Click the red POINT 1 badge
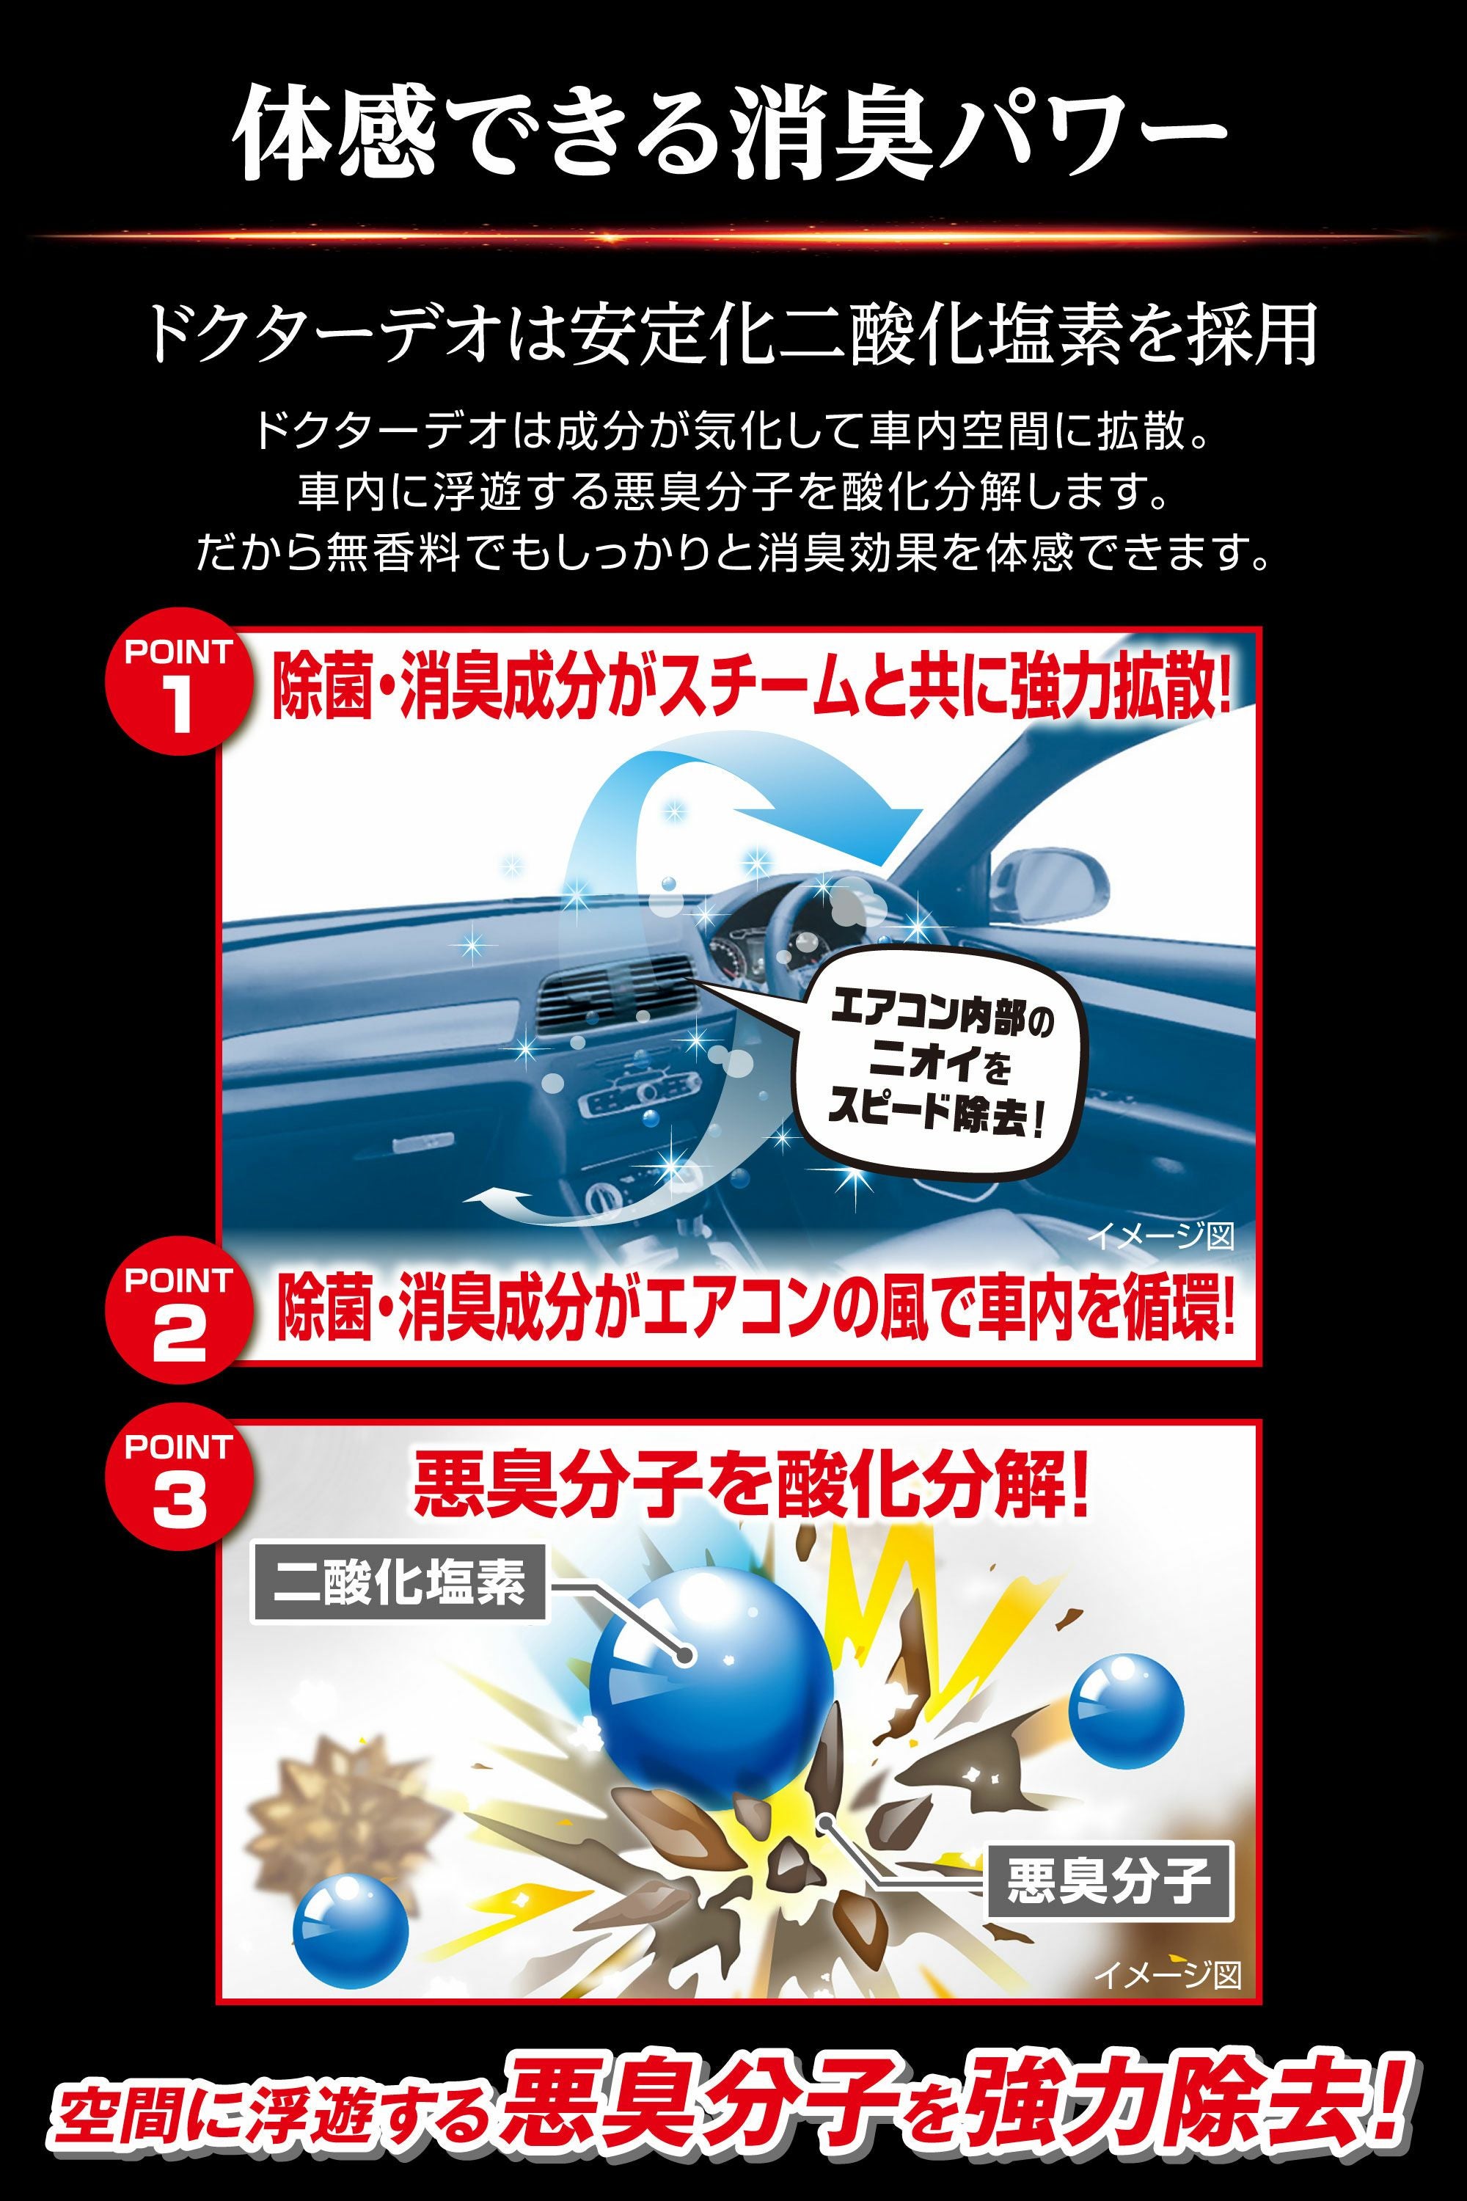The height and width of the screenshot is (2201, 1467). [x=178, y=682]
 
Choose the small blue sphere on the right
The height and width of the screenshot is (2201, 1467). [x=1125, y=1712]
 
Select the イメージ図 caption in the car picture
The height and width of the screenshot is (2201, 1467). [x=1160, y=1236]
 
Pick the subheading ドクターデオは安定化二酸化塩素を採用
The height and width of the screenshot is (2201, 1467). [x=731, y=334]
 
